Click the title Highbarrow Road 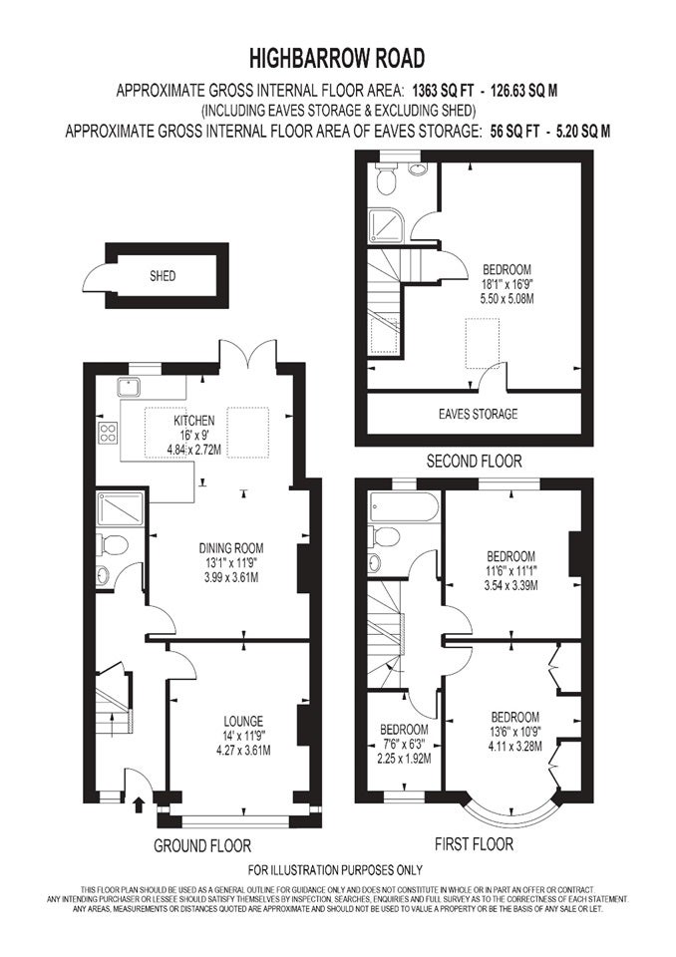click(336, 59)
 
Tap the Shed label click(163, 276)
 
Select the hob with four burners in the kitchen click(108, 432)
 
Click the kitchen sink click(129, 387)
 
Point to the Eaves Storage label click(479, 414)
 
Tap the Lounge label click(243, 721)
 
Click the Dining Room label click(231, 548)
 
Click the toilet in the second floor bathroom click(387, 179)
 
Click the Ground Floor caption click(202, 846)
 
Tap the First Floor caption click(474, 844)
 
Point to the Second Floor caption click(474, 461)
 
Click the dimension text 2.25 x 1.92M click(404, 759)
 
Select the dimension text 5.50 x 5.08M click(507, 299)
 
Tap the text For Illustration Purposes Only click(335, 869)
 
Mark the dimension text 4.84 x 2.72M click(193, 451)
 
